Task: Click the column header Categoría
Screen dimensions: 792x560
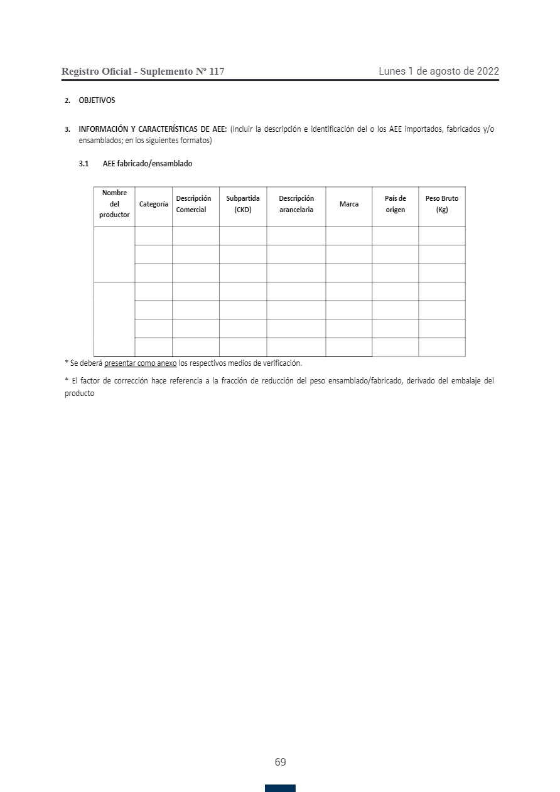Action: pyautogui.click(x=154, y=205)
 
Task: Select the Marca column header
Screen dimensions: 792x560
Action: pyautogui.click(x=349, y=205)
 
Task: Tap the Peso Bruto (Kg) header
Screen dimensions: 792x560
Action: pyautogui.click(x=442, y=205)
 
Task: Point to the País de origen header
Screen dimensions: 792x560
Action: pyautogui.click(x=396, y=205)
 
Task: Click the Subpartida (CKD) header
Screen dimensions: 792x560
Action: pyautogui.click(x=243, y=205)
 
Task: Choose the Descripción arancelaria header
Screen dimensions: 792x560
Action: pyautogui.click(x=296, y=205)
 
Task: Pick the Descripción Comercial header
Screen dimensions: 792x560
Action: pyautogui.click(x=193, y=205)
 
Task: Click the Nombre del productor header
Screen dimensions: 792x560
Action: pyautogui.click(x=114, y=205)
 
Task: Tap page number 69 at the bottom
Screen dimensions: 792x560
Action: pyautogui.click(x=280, y=763)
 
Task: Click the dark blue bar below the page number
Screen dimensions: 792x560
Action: pyautogui.click(x=280, y=788)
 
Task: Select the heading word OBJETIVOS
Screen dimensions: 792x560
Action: pyautogui.click(x=97, y=100)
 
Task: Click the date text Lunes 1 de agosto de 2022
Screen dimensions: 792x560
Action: pyautogui.click(x=438, y=72)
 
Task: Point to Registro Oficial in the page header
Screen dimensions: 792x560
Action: pyautogui.click(x=96, y=72)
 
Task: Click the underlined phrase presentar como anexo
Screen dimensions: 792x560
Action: pyautogui.click(x=140, y=363)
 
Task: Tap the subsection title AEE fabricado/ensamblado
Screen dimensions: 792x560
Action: pyautogui.click(x=148, y=164)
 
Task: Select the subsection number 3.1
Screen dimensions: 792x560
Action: pyautogui.click(x=84, y=164)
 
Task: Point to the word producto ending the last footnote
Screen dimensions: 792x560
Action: pyautogui.click(x=80, y=394)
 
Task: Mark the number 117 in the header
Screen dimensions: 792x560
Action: pyautogui.click(x=216, y=72)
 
